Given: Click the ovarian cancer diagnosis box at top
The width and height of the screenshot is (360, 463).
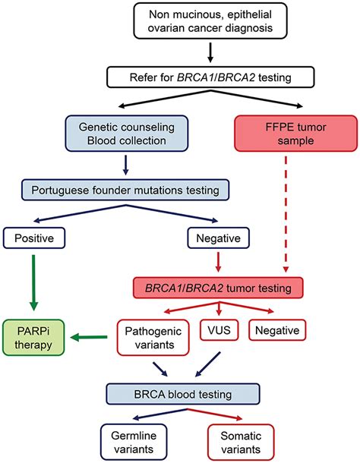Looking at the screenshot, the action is (210, 21).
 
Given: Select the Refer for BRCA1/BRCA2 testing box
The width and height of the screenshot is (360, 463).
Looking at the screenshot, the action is (210, 77).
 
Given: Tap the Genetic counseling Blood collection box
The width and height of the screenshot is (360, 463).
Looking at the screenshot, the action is (127, 134).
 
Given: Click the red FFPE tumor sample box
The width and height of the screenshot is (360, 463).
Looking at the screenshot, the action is (295, 134).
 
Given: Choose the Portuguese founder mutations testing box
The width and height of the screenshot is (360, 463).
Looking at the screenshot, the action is (125, 190).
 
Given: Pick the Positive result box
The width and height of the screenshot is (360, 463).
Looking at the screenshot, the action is (34, 238).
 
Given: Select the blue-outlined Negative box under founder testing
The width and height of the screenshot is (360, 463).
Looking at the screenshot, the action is (219, 238).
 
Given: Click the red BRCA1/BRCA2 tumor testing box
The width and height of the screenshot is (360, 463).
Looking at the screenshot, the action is (219, 288).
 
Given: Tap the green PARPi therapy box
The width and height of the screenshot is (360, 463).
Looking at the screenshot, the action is (33, 338).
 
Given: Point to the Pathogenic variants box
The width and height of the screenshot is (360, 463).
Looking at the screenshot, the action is (153, 338).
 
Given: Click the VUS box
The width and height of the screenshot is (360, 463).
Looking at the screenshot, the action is (219, 330).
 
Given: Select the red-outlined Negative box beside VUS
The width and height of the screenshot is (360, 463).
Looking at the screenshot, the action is (277, 330).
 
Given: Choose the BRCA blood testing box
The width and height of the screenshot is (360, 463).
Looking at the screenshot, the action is (183, 394).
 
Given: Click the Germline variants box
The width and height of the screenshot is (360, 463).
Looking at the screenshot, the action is (134, 442).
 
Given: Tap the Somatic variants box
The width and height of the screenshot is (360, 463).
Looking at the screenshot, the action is (241, 442).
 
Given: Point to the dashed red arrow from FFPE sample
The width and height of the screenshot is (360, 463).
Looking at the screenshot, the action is (286, 214).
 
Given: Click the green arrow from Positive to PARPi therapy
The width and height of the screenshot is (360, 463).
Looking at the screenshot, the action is (33, 282).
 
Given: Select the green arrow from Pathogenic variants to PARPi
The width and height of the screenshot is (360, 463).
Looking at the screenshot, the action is (90, 337).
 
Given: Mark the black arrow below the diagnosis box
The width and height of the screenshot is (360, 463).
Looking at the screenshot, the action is (210, 53).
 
